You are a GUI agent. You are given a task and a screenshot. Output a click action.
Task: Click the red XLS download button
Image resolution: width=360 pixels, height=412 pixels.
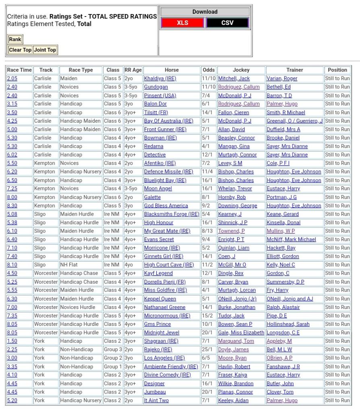[x=182, y=23]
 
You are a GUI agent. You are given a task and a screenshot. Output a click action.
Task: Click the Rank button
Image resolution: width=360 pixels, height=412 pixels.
[x=15, y=39]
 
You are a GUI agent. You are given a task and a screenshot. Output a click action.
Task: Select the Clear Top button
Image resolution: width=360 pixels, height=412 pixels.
[x=20, y=50]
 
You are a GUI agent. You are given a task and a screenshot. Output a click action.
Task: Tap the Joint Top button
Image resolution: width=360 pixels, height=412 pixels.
[x=45, y=50]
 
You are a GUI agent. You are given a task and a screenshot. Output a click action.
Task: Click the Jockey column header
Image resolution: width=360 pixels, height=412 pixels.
[x=241, y=70]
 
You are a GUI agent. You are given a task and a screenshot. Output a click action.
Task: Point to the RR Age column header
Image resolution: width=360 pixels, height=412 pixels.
[x=133, y=70]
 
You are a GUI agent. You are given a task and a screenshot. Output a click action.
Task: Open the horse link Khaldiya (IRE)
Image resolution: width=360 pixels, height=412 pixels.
[x=160, y=78]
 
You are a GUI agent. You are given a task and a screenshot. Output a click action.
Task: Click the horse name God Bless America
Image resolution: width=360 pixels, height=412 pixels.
[x=166, y=206]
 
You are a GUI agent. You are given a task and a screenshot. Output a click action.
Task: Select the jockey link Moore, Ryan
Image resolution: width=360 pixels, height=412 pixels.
[x=232, y=358]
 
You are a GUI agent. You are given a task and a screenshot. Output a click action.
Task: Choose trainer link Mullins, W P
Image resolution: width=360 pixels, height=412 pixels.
[x=280, y=231]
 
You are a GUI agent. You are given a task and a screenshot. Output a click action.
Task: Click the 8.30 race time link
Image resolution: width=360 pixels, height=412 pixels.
[x=12, y=206]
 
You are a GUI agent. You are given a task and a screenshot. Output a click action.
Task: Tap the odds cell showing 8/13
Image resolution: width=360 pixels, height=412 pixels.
[x=209, y=231]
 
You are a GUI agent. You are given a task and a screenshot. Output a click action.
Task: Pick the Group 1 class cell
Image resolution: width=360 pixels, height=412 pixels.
[x=113, y=367]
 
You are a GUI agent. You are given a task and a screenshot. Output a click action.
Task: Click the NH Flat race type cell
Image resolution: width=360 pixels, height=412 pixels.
[x=71, y=265]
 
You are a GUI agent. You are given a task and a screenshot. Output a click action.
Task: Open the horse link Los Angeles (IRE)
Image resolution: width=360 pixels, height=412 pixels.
[x=165, y=358]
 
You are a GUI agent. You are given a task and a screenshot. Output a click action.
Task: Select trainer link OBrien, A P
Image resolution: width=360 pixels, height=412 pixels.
[x=279, y=358]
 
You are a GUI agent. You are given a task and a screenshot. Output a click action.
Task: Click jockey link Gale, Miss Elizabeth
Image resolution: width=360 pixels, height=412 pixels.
[x=241, y=333]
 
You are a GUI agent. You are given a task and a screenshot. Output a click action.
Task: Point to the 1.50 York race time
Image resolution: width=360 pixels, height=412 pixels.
[x=12, y=341]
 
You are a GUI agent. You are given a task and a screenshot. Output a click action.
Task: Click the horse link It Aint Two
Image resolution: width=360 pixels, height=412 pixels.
[x=156, y=400]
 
